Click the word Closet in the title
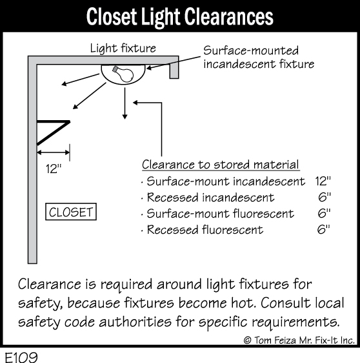pyautogui.click(x=112, y=17)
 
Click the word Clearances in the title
pyautogui.click(x=229, y=17)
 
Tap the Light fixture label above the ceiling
pyautogui.click(x=123, y=48)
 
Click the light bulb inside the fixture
pyautogui.click(x=123, y=74)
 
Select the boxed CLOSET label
pyautogui.click(x=71, y=212)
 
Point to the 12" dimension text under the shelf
pyautogui.click(x=54, y=169)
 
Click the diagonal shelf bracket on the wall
pyautogui.click(x=54, y=133)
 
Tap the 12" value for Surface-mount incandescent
pyautogui.click(x=323, y=181)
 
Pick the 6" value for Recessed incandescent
pyautogui.click(x=325, y=197)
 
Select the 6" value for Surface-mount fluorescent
pyautogui.click(x=324, y=213)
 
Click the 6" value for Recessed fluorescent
pyautogui.click(x=324, y=229)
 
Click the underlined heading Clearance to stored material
pyautogui.click(x=221, y=165)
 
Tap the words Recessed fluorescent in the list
pyautogui.click(x=205, y=230)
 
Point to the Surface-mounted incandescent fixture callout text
pyautogui.click(x=259, y=57)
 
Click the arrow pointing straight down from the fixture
pyautogui.click(x=125, y=103)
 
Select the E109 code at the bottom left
pyautogui.click(x=21, y=357)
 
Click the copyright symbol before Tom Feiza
pyautogui.click(x=247, y=340)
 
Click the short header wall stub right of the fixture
pyautogui.click(x=174, y=70)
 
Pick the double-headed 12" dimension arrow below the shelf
pyautogui.click(x=54, y=152)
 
